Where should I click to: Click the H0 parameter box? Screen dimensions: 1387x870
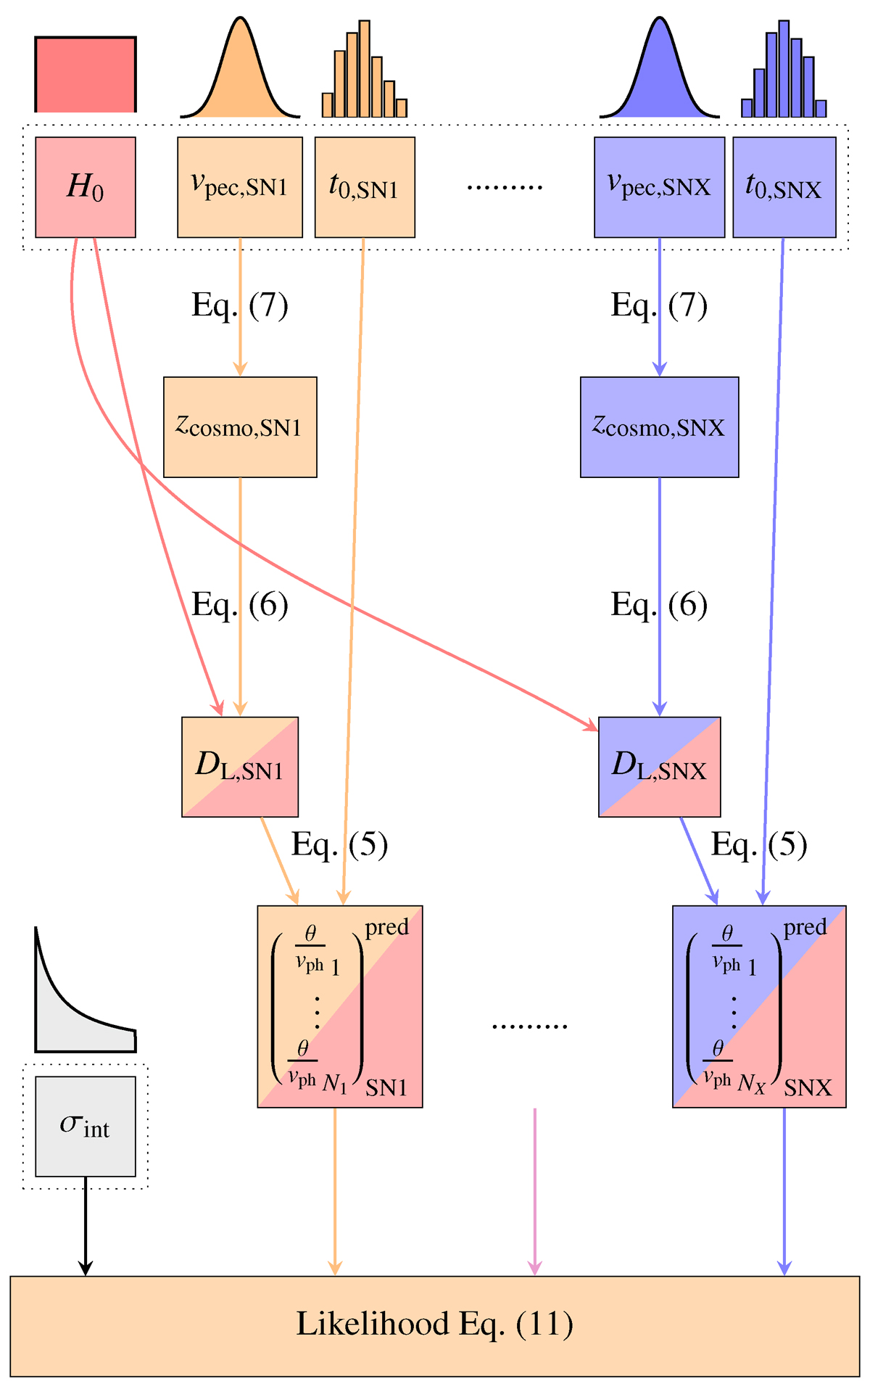(86, 187)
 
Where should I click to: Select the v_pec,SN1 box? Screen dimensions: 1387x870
(240, 187)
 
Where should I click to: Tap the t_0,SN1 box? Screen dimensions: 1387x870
(365, 187)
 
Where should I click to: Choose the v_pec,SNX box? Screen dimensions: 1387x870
(659, 187)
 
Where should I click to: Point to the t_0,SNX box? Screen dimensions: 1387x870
(784, 187)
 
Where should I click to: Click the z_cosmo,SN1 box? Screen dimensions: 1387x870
(240, 427)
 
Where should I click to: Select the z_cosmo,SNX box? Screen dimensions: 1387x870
(659, 427)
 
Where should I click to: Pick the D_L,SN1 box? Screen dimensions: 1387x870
(240, 767)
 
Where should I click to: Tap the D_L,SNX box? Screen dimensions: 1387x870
(659, 767)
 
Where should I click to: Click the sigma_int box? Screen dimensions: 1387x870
(86, 1126)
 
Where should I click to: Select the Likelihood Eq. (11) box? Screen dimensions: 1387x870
(435, 1325)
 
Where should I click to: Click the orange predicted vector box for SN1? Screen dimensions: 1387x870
(340, 1006)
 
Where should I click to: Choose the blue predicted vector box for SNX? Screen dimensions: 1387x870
(759, 1006)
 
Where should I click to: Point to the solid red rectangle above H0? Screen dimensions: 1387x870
(86, 75)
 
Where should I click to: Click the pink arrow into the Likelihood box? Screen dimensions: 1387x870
(534, 1190)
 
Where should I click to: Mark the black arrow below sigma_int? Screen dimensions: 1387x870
(86, 1226)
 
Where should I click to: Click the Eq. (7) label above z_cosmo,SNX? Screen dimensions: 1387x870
(659, 305)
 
